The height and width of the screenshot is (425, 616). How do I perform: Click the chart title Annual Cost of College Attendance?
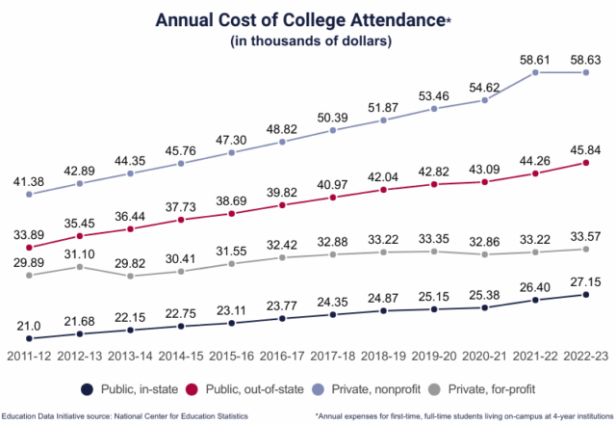coord(305,19)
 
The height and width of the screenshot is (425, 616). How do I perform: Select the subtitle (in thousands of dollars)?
coord(307,41)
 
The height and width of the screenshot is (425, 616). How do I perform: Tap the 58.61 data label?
coord(535,59)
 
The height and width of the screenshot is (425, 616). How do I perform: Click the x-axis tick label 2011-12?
coord(30,356)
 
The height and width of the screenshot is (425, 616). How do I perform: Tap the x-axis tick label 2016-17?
coord(282,356)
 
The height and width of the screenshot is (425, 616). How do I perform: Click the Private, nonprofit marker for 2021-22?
coord(535,73)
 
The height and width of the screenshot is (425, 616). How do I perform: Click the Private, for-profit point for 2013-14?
coord(130,276)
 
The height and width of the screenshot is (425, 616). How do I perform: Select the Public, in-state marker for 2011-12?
coord(30,338)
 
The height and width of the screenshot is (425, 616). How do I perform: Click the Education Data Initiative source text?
coord(126,415)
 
